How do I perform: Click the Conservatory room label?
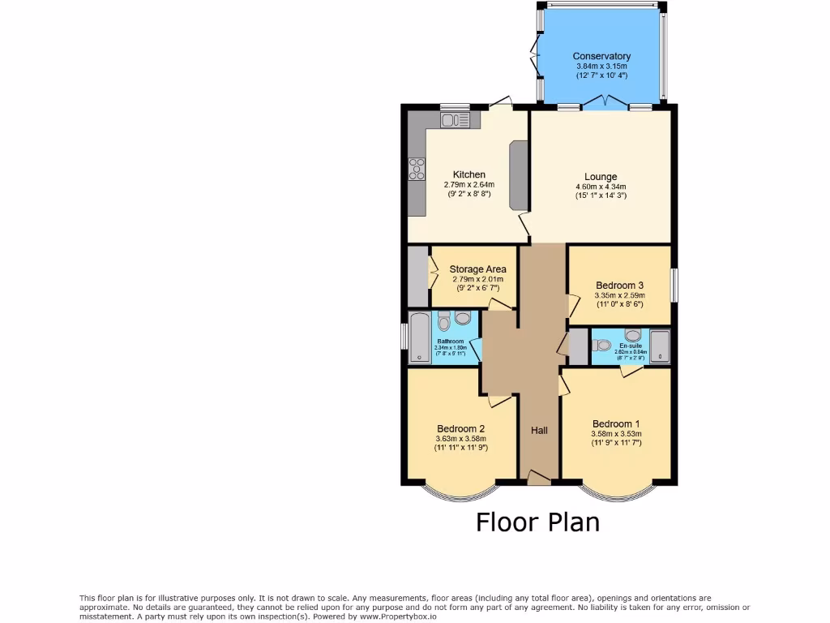click(601, 56)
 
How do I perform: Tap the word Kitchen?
click(468, 174)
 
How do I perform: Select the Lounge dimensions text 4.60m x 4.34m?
click(601, 187)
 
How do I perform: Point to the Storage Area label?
click(477, 269)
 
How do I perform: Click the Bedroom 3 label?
click(619, 285)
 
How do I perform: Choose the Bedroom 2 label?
click(460, 429)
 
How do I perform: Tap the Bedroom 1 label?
click(615, 423)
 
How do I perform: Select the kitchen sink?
click(455, 120)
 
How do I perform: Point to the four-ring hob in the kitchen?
click(417, 169)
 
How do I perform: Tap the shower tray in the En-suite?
click(660, 346)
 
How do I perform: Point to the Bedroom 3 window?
click(674, 285)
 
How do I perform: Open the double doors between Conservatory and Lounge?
click(604, 103)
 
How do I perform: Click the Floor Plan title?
click(537, 522)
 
